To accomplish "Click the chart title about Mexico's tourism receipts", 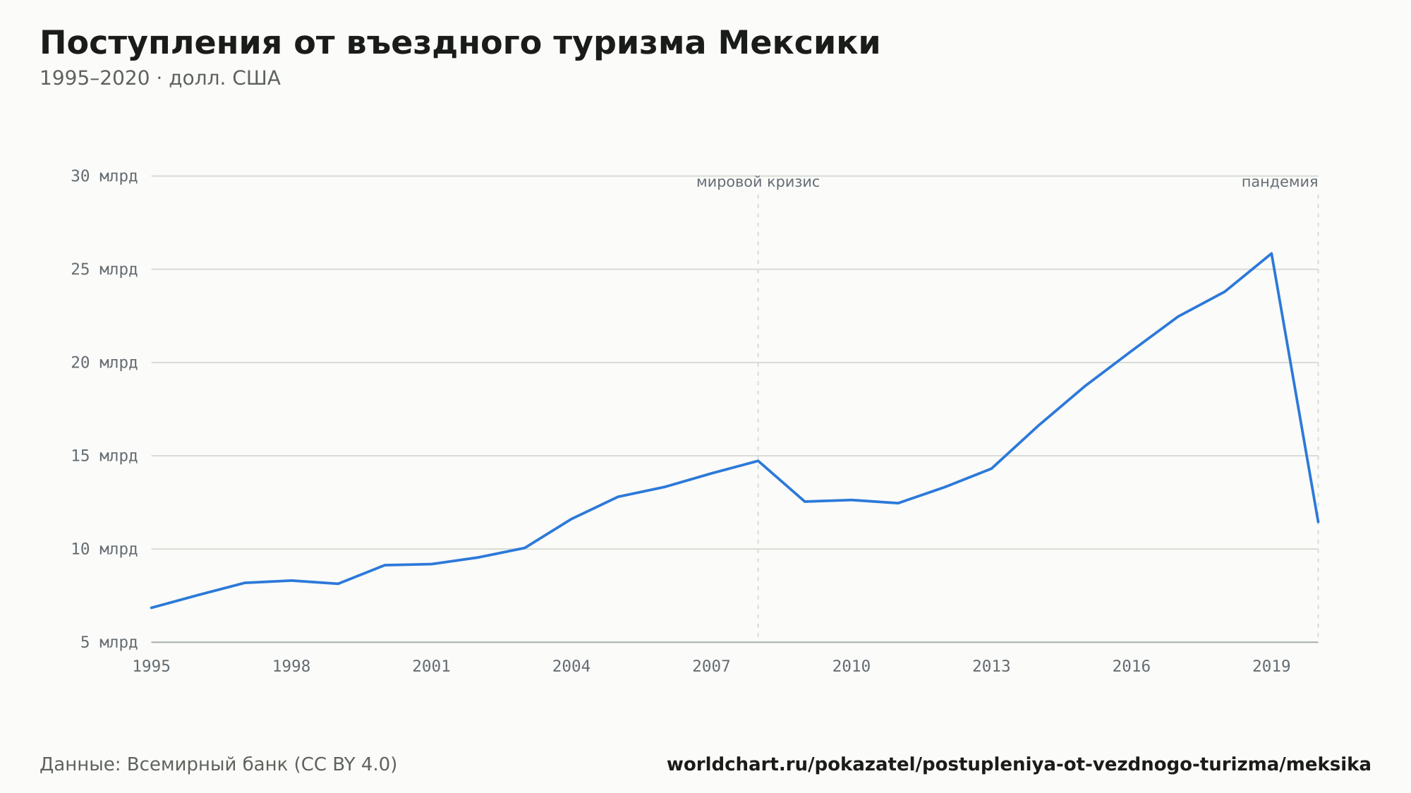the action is coord(460,44).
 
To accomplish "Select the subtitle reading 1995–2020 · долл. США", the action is coord(160,78).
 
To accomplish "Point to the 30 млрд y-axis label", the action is coord(104,176).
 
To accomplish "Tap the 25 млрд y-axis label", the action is coord(104,270).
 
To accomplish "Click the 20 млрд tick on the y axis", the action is coord(104,363).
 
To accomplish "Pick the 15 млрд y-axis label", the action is coord(104,456).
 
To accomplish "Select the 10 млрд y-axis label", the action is coord(104,549).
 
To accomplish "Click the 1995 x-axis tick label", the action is coord(152,667).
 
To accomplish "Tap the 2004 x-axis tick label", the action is coord(571,667).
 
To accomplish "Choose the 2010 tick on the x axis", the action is coord(852,667).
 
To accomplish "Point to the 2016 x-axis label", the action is coord(1132,667).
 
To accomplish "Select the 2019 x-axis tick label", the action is coord(1271,667).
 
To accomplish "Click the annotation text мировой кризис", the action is coord(758,183).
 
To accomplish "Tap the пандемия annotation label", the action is coord(1280,183).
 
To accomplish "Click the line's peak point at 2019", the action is coord(1271,253).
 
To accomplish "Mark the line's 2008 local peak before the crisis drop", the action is coord(758,461).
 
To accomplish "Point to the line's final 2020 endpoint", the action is coord(1318,522).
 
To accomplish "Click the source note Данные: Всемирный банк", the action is coord(219,765).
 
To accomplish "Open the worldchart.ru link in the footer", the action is coord(1019,765).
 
